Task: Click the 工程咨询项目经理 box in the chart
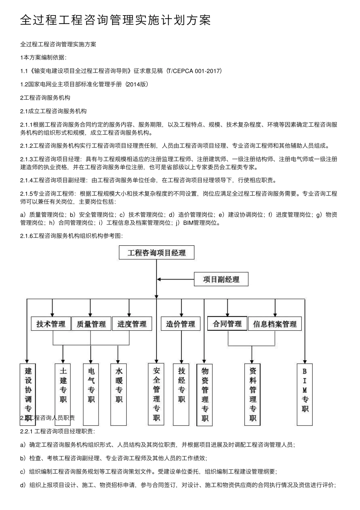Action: point(157,253)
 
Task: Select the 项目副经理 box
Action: point(221,279)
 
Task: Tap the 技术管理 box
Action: point(51,324)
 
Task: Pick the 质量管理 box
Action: point(91,324)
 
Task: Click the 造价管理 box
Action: point(180,324)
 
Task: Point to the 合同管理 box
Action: point(227,323)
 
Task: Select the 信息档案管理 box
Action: point(275,324)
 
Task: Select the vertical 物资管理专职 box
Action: point(205,394)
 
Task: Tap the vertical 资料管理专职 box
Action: point(253,394)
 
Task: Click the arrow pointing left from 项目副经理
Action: point(174,279)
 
